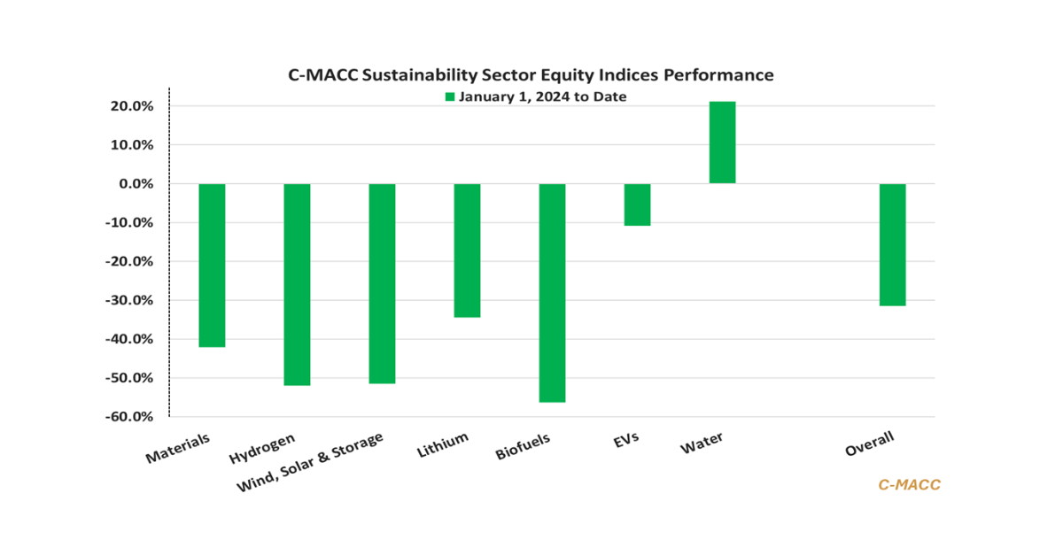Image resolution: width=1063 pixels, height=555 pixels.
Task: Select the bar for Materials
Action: pyautogui.click(x=212, y=265)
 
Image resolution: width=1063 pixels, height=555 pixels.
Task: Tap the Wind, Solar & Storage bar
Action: pyautogui.click(x=382, y=283)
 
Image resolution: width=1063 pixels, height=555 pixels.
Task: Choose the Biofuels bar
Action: pyautogui.click(x=552, y=292)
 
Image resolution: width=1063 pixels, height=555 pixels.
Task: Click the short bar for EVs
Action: pyautogui.click(x=637, y=204)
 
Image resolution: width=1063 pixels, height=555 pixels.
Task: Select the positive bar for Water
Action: pyautogui.click(x=722, y=143)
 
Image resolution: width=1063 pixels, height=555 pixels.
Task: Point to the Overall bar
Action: pyautogui.click(x=892, y=244)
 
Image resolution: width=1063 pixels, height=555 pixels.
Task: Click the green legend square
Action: pyautogui.click(x=450, y=97)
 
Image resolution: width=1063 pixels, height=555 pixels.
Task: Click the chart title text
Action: pyautogui.click(x=531, y=75)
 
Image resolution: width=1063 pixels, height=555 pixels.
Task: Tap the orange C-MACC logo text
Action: pyautogui.click(x=909, y=484)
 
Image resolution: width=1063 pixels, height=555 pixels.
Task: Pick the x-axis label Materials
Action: pyautogui.click(x=178, y=449)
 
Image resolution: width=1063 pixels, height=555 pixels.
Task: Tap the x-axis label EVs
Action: pyautogui.click(x=625, y=440)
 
